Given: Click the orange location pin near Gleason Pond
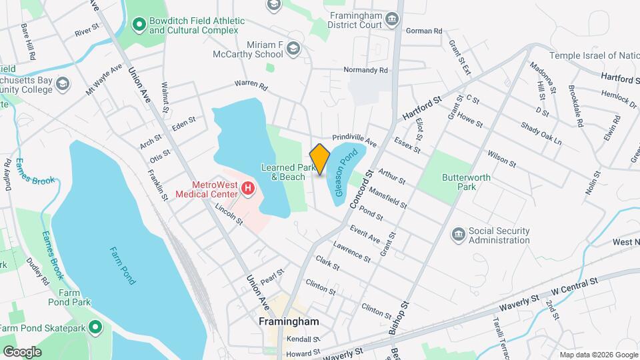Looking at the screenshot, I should point(320,159).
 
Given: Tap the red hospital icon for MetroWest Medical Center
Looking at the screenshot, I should point(247,189).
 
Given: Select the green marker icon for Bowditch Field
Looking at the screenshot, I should point(139,25).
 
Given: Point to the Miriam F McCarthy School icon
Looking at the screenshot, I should point(294,49).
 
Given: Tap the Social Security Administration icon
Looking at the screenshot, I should point(458,235).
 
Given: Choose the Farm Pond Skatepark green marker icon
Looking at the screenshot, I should point(95,327).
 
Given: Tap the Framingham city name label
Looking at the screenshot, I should point(289,321).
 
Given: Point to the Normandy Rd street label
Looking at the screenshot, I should point(365,70).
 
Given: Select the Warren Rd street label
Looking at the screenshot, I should point(250,85).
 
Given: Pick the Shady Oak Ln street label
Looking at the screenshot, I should point(541,133).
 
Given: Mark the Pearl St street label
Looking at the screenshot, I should point(272,273).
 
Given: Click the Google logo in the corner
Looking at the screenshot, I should point(22,351).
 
